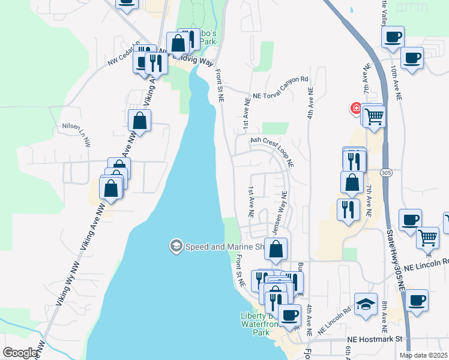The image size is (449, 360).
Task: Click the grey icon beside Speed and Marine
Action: pyautogui.click(x=176, y=246)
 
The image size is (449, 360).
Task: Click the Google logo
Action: pyautogui.click(x=20, y=353)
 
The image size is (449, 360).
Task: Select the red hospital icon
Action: pyautogui.click(x=356, y=109)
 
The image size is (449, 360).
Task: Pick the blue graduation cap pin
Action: pyautogui.click(x=365, y=303)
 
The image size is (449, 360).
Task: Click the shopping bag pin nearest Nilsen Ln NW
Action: pyautogui.click(x=139, y=120)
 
